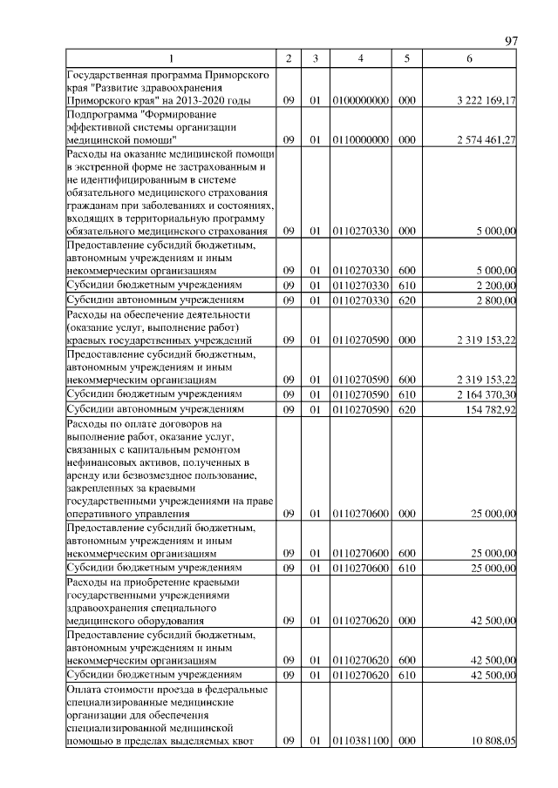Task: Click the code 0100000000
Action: coord(360,102)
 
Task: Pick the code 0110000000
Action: coord(360,139)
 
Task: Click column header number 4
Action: coord(360,58)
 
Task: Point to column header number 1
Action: coord(171,58)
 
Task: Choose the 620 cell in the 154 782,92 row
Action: coord(405,409)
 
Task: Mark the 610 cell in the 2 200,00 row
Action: coord(405,285)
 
